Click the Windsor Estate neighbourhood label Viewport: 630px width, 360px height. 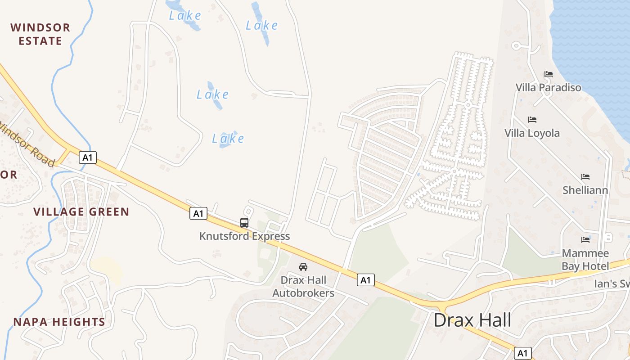tap(40, 34)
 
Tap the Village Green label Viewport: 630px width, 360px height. tap(81, 211)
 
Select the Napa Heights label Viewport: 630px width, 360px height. tap(59, 322)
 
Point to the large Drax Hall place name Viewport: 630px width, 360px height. tap(472, 320)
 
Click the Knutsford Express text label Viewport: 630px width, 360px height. tap(244, 236)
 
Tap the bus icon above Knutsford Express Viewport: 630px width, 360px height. tap(244, 222)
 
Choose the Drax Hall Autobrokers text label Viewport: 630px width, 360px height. tap(303, 287)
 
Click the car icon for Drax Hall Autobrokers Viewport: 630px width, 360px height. tap(303, 267)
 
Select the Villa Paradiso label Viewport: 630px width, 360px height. tap(548, 87)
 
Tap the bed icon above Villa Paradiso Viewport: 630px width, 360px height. tap(548, 74)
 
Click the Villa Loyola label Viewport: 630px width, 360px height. tap(532, 133)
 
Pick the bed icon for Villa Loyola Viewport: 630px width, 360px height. tap(532, 120)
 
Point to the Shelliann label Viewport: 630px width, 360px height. tap(585, 190)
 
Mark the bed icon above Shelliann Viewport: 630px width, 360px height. tap(585, 177)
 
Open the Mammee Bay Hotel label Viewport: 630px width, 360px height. tap(585, 260)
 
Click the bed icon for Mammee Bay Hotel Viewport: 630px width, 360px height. tap(585, 240)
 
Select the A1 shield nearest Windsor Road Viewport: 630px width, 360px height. tap(88, 157)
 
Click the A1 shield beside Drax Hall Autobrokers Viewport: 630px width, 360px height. tap(366, 280)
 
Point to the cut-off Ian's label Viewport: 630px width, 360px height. tap(612, 284)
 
